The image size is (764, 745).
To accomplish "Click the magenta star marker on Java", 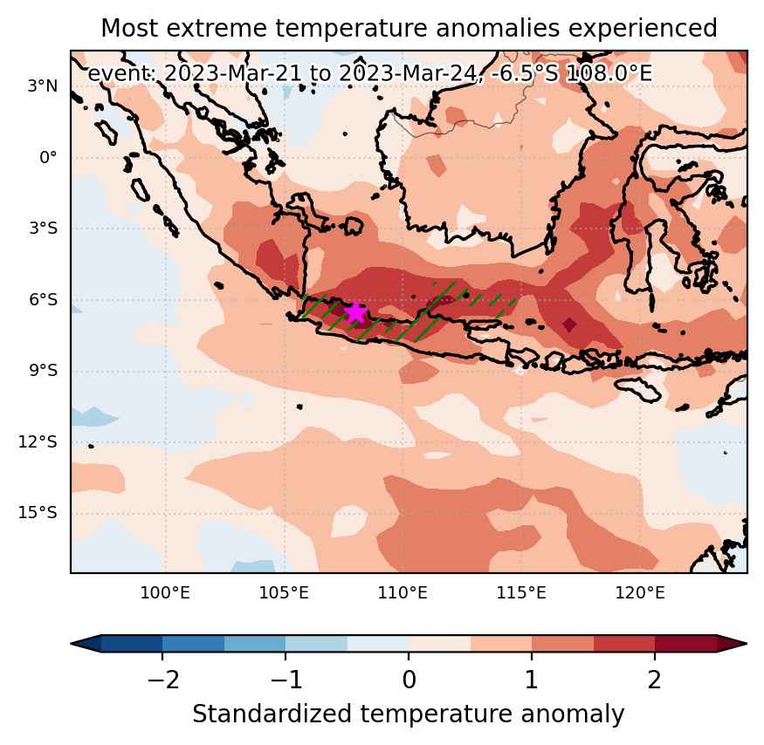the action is (355, 312).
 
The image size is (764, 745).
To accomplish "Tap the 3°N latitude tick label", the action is (43, 86).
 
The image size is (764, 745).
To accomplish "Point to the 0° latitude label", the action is (48, 157).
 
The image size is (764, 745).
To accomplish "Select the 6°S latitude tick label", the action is (43, 299).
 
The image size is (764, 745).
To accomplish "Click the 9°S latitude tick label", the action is (43, 371).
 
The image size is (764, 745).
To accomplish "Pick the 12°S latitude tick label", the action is (38, 441).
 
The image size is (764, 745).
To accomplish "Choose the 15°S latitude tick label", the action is (38, 513).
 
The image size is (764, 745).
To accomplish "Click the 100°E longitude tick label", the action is (165, 592).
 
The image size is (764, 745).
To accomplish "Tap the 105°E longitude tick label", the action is (284, 592).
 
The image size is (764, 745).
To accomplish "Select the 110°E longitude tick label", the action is (403, 592).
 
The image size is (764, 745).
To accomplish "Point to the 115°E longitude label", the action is (522, 592).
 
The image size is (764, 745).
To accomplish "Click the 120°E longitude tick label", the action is (640, 592).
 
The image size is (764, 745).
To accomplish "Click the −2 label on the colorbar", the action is (163, 680).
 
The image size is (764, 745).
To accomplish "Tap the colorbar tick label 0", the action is (410, 680).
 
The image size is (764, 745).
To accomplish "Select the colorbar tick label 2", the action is (654, 680).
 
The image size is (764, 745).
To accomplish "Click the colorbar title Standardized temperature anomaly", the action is (409, 714).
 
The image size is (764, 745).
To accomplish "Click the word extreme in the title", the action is (217, 28).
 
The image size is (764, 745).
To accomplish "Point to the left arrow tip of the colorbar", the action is (72, 643).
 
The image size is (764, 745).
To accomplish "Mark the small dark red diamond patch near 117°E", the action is (569, 325).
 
